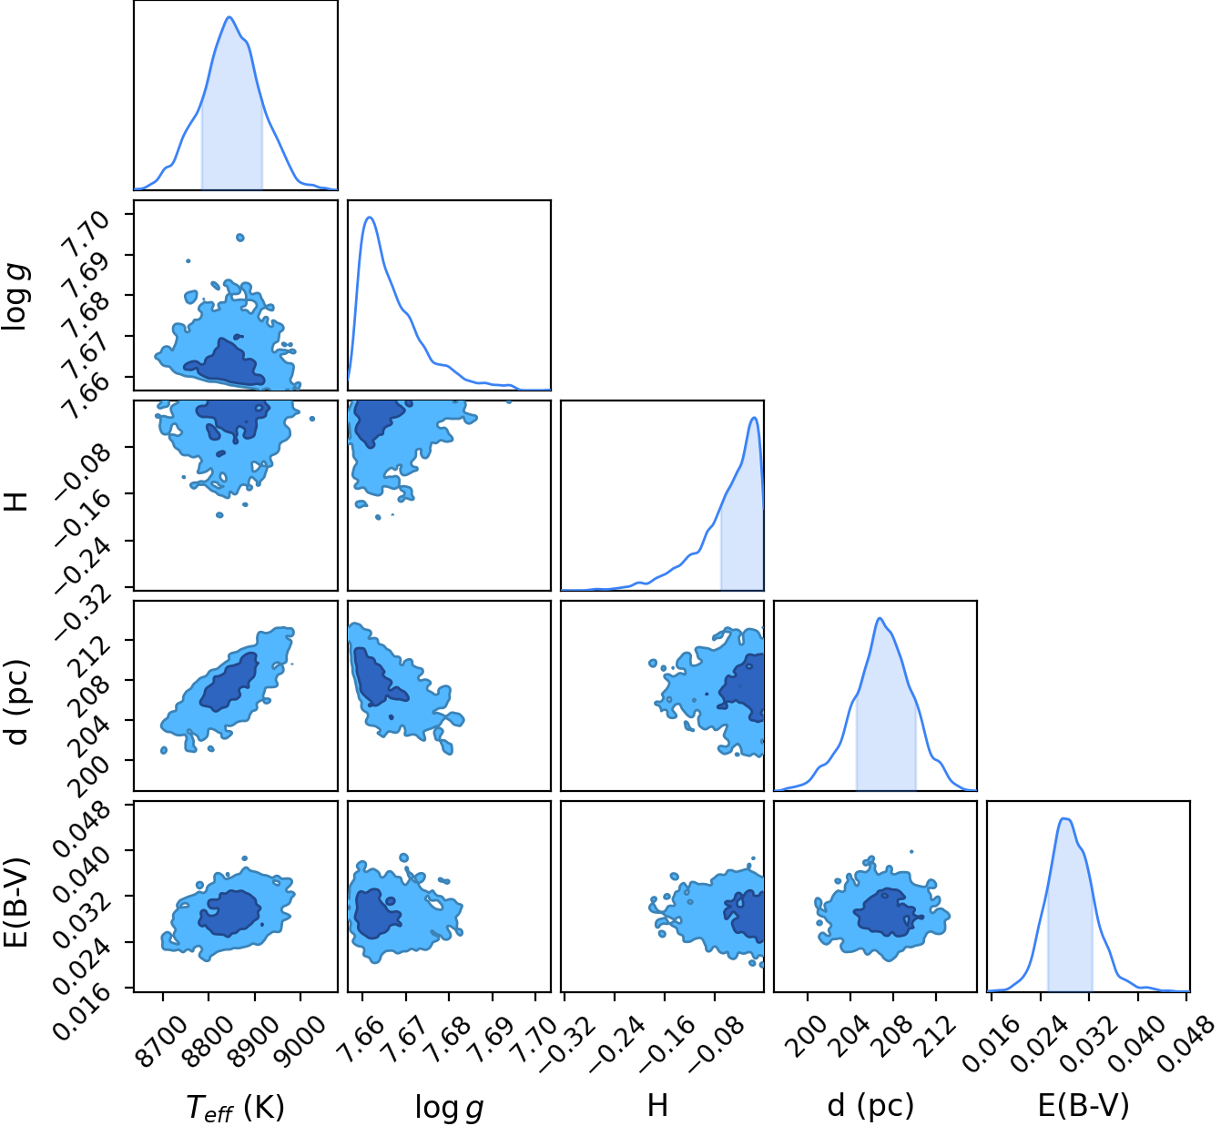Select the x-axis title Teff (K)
236,1107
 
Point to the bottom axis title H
657,1105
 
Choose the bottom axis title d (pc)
870,1106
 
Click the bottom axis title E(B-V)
1084,1106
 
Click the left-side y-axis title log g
15,297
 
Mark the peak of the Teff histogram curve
229,16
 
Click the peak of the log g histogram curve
370,217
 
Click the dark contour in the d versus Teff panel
229,682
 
